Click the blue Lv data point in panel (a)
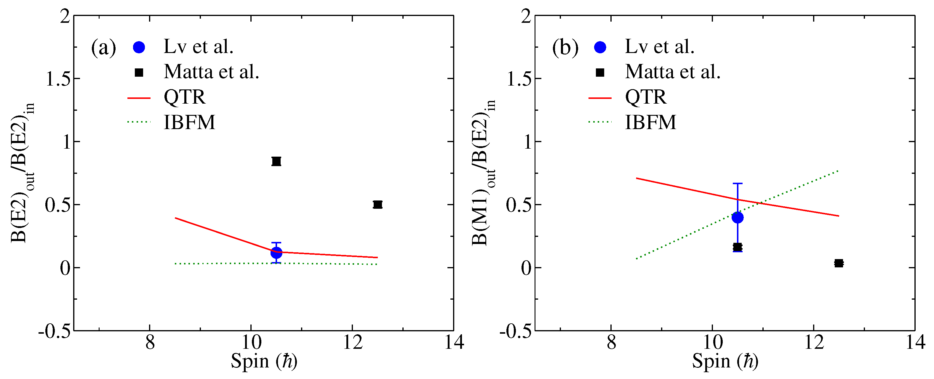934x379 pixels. (x=276, y=253)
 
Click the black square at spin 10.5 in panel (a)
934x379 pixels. (x=276, y=161)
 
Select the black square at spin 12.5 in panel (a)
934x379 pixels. (x=378, y=204)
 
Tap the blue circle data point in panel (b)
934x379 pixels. (x=738, y=217)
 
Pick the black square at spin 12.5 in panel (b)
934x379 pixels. (x=839, y=263)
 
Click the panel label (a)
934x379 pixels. (x=104, y=47)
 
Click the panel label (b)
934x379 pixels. (x=565, y=47)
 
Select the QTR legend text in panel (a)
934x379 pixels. (x=185, y=97)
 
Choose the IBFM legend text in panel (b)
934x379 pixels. (x=650, y=122)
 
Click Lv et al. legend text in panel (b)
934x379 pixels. (x=660, y=47)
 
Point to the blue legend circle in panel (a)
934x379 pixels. (x=139, y=47)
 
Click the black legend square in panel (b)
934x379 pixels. (x=600, y=73)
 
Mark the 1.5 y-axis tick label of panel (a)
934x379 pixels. (x=58, y=79)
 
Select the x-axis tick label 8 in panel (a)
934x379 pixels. (x=150, y=342)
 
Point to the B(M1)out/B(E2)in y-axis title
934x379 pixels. (x=484, y=173)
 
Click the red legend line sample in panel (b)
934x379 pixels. (x=600, y=98)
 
